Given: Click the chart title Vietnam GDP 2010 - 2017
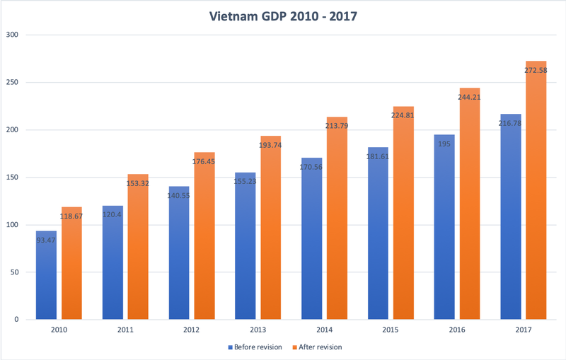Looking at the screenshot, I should coord(283,15).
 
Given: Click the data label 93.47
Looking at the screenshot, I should coord(47,241).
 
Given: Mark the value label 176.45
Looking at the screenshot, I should coord(205,162).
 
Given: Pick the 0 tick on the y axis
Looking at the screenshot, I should coord(16,320).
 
